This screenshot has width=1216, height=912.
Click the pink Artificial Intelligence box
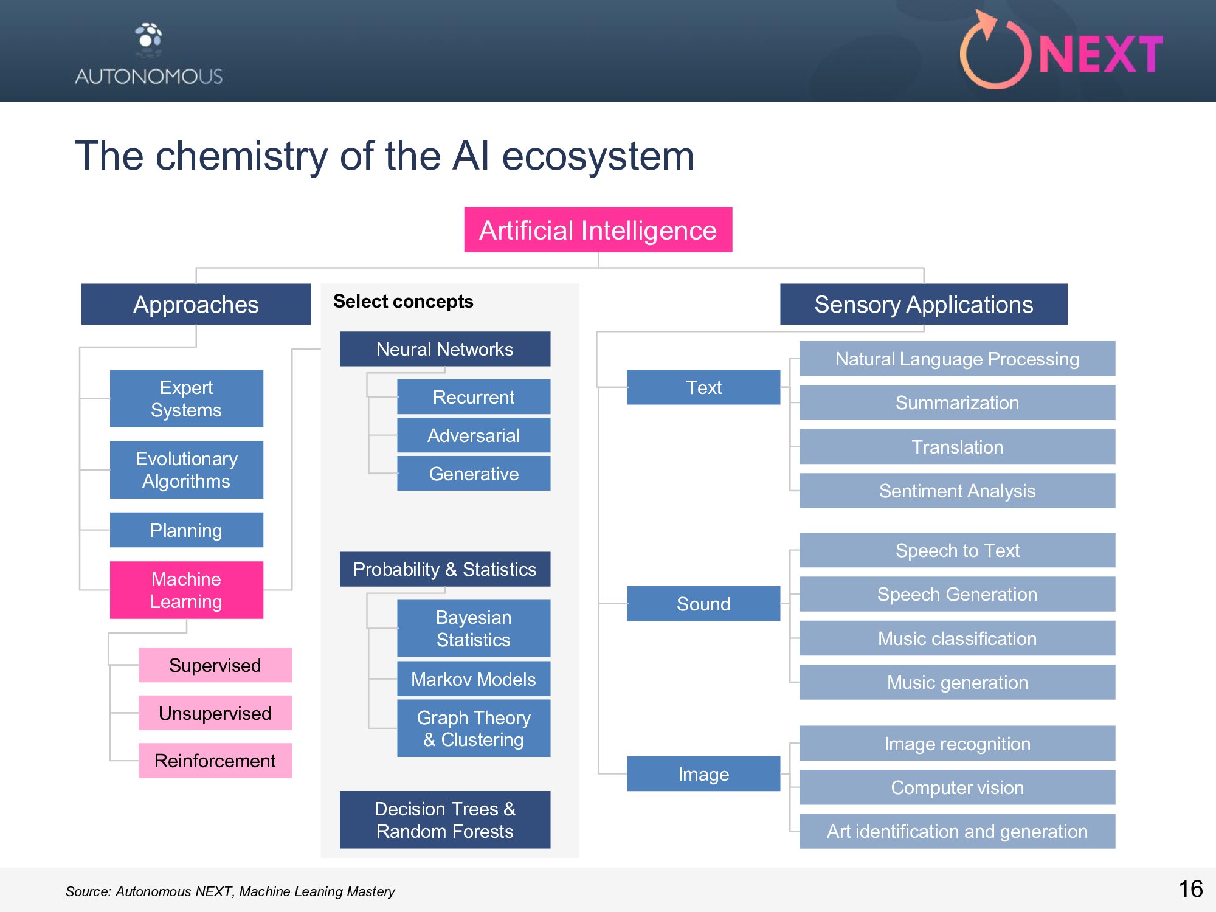pyautogui.click(x=598, y=230)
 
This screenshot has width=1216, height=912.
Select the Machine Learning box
pyautogui.click(x=186, y=590)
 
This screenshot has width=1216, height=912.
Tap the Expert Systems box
pyautogui.click(x=186, y=398)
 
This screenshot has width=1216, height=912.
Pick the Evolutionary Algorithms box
pyautogui.click(x=186, y=469)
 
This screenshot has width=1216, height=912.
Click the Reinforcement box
pyautogui.click(x=215, y=761)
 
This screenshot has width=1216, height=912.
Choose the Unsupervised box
pyautogui.click(x=215, y=713)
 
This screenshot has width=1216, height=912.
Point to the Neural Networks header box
pyautogui.click(x=444, y=349)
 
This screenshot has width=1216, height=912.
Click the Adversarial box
pyautogui.click(x=473, y=435)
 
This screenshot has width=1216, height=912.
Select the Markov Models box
pyautogui.click(x=473, y=679)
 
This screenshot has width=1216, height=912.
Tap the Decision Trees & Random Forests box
pyautogui.click(x=444, y=820)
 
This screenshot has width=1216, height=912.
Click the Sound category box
pyautogui.click(x=703, y=604)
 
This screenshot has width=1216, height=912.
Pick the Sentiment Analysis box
pyautogui.click(x=957, y=491)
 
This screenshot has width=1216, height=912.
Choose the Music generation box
pyautogui.click(x=957, y=682)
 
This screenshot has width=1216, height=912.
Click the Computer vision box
pyautogui.click(x=957, y=787)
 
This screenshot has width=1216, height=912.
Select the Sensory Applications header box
pyautogui.click(x=923, y=304)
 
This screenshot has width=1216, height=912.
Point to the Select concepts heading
pyautogui.click(x=403, y=302)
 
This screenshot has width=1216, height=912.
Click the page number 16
pyautogui.click(x=1190, y=889)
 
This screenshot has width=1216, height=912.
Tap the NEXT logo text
pyautogui.click(x=1100, y=55)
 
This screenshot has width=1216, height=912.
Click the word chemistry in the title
pyautogui.click(x=242, y=156)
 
